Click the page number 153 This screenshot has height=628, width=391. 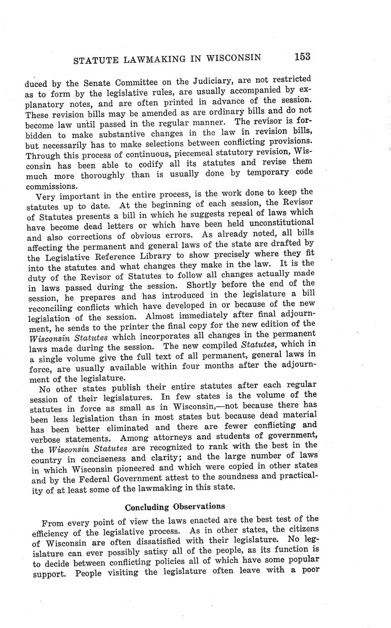pyautogui.click(x=302, y=56)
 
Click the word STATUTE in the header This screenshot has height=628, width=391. pyautogui.click(x=94, y=59)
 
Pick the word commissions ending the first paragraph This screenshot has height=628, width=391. pyautogui.click(x=51, y=187)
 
